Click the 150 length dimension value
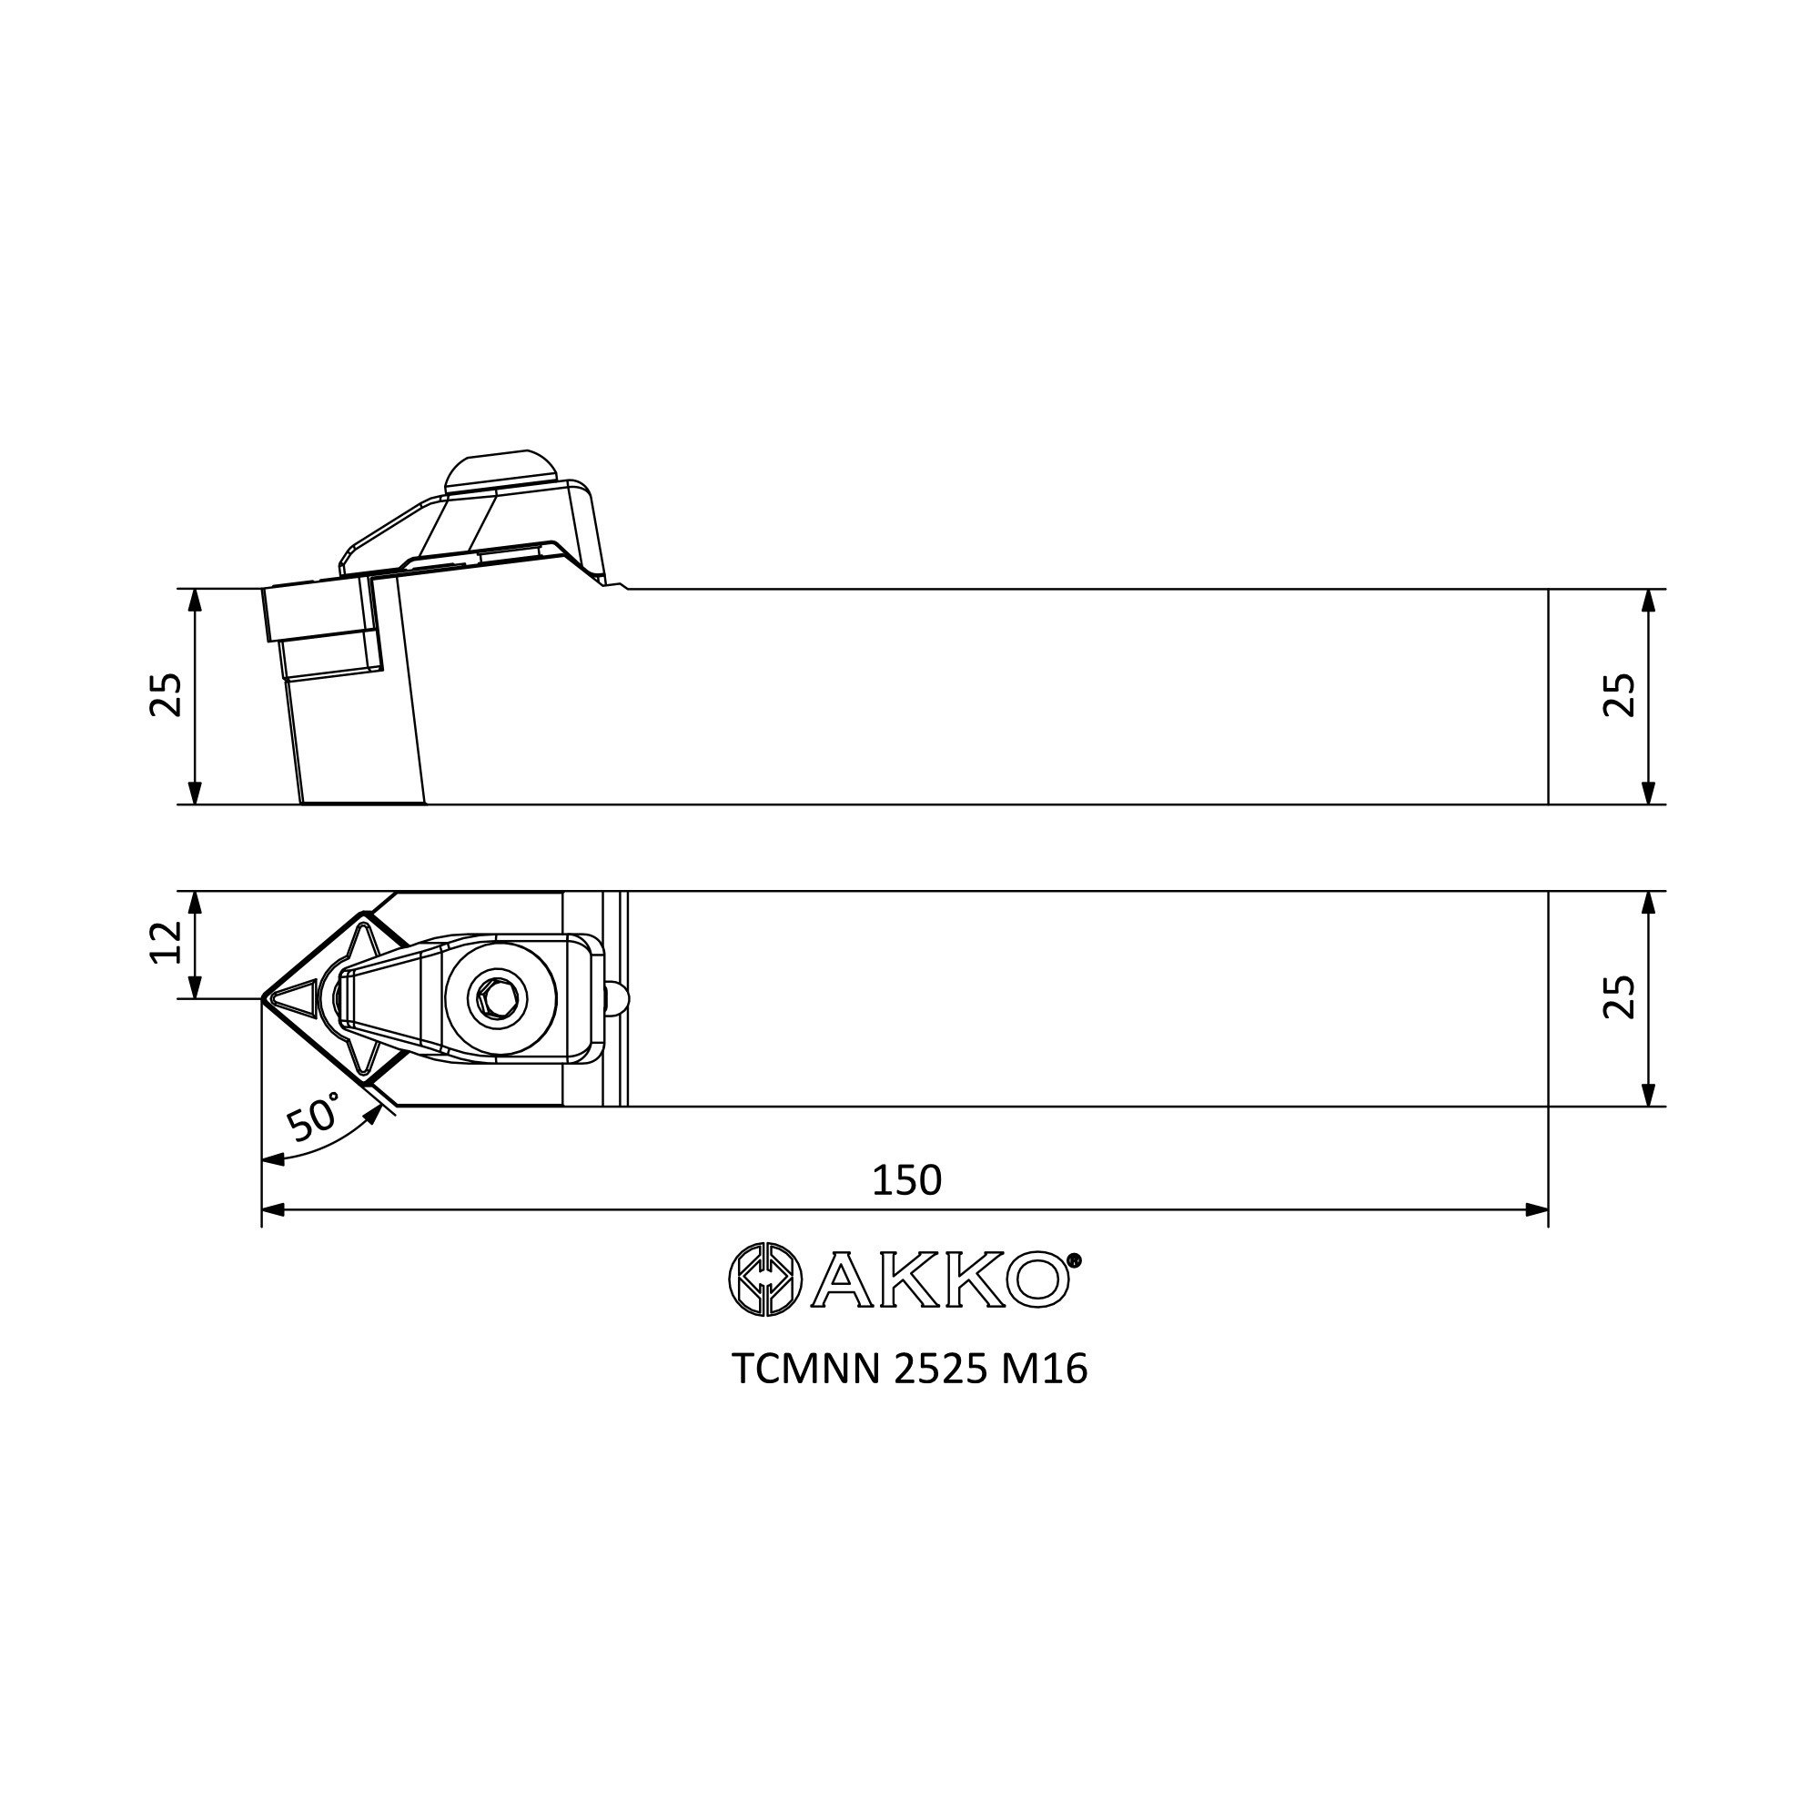[906, 1180]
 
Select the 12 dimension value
[166, 943]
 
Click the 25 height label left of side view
[166, 695]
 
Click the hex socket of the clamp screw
[499, 998]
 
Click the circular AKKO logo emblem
[765, 1279]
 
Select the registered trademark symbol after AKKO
[1075, 1259]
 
